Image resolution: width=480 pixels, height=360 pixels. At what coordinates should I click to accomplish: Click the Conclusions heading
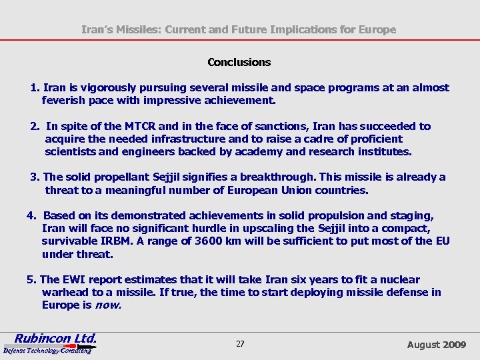[x=239, y=62]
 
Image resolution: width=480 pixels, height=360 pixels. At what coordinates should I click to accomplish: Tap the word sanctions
[x=293, y=126]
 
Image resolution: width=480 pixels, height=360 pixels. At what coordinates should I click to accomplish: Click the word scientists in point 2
[x=71, y=151]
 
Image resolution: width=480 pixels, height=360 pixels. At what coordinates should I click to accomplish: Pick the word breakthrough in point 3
[x=283, y=177]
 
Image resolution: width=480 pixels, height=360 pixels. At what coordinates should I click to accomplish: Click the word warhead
[x=65, y=292]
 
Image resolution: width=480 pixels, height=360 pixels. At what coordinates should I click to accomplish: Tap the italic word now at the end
[x=109, y=305]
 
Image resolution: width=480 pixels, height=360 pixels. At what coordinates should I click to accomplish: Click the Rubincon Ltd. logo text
[x=55, y=338]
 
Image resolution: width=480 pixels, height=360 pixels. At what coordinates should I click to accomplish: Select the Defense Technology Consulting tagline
[x=47, y=350]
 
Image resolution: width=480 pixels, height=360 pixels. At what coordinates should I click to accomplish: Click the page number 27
[x=240, y=344]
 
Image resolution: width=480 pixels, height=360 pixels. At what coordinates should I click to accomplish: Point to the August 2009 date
[x=437, y=344]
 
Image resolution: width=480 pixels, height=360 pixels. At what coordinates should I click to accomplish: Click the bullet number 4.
[x=31, y=215]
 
